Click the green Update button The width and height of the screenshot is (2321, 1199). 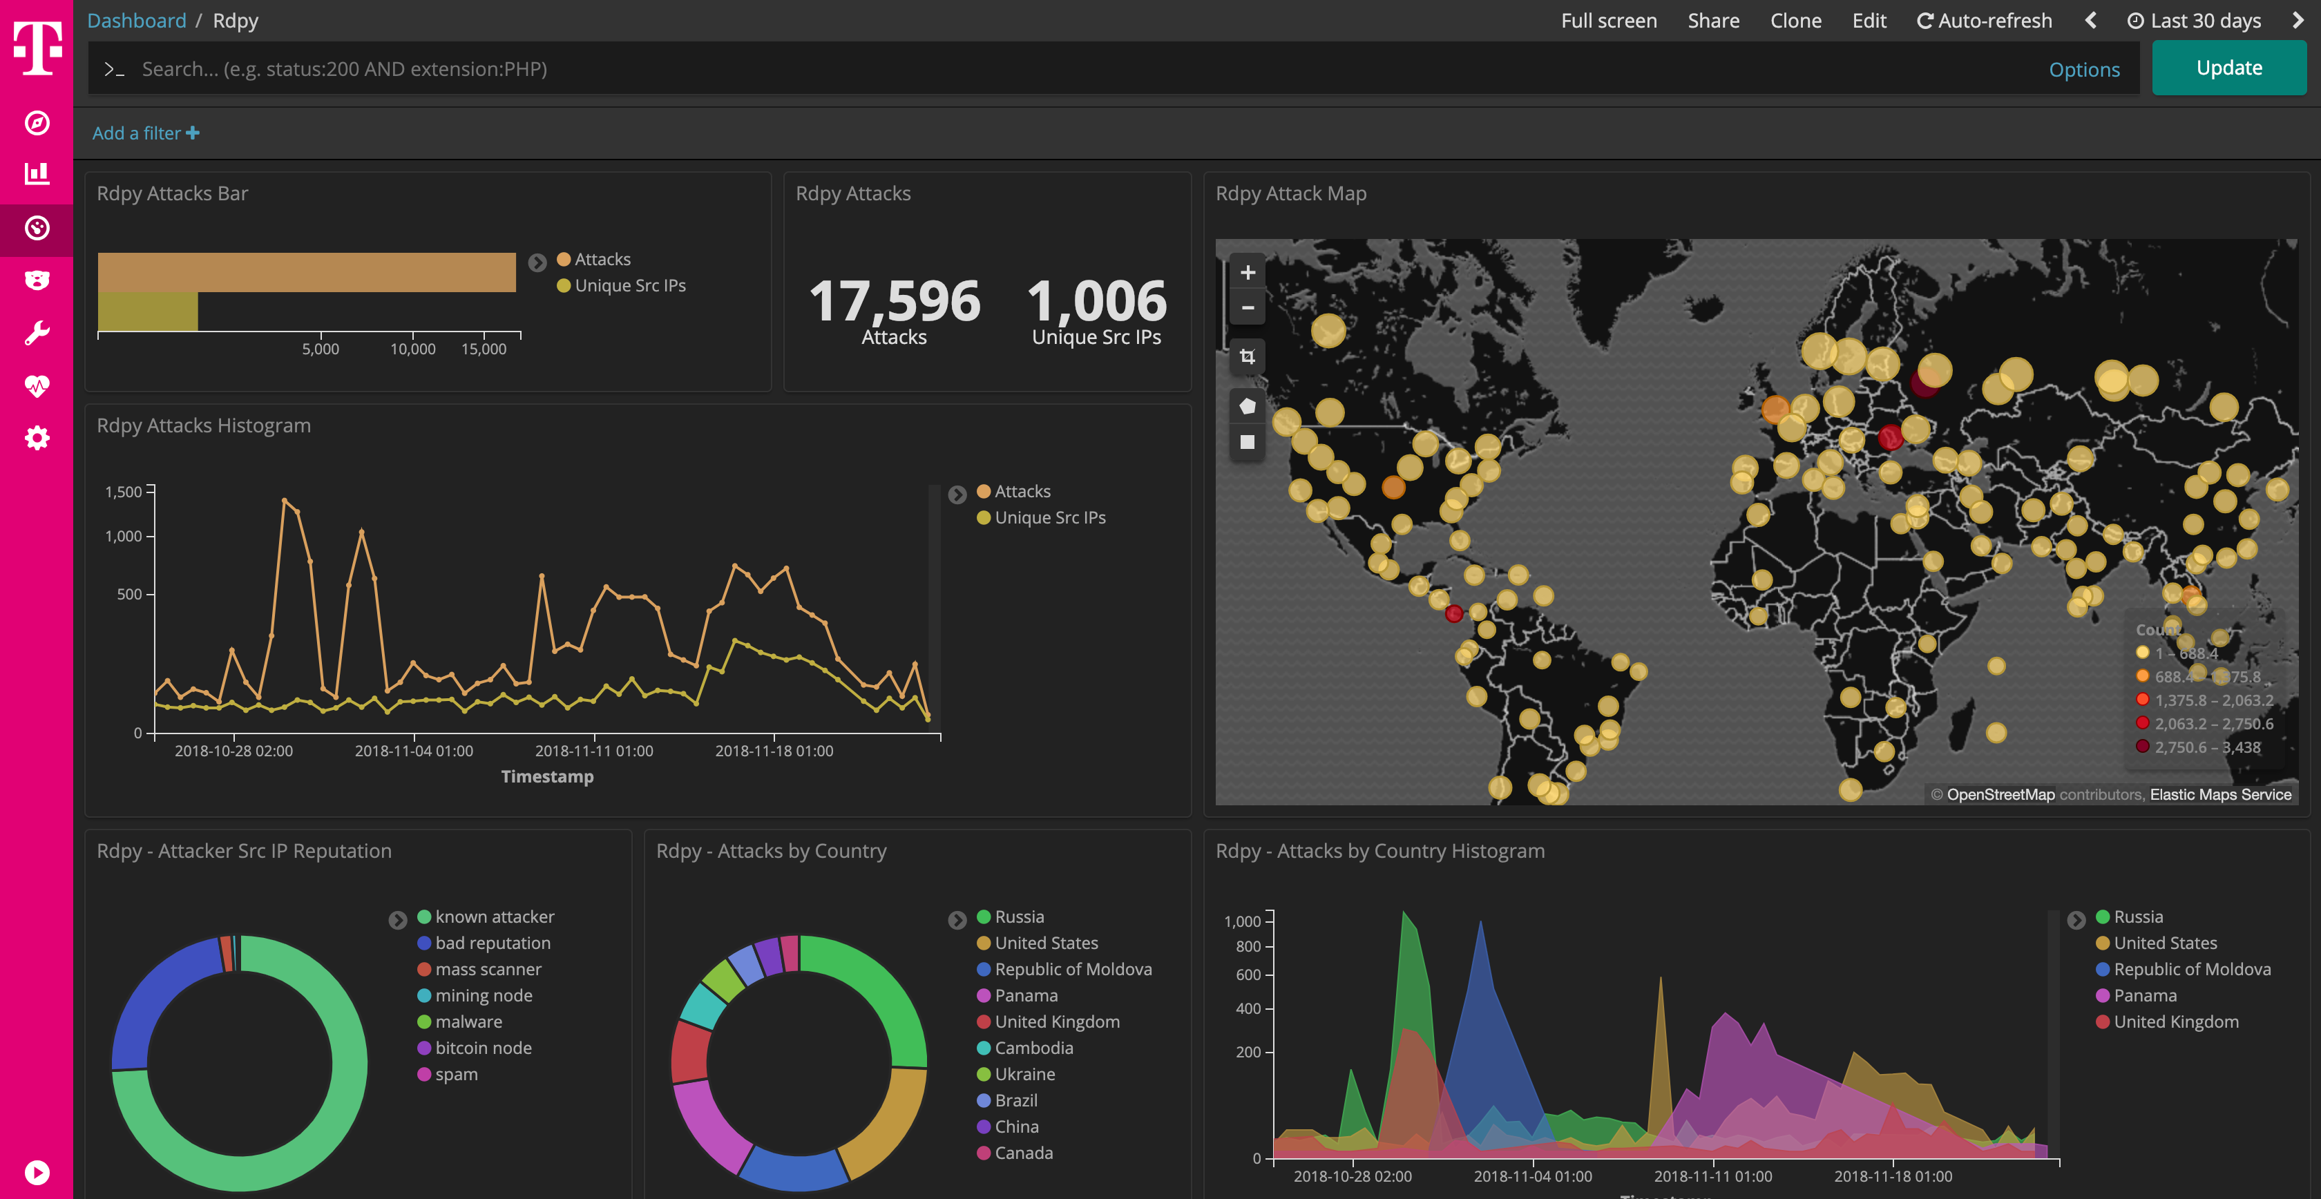(x=2228, y=68)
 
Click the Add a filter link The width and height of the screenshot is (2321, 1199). (x=145, y=133)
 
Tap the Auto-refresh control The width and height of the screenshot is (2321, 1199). (x=1984, y=21)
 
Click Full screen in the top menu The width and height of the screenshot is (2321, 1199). (x=1608, y=21)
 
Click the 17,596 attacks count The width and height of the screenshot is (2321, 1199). (x=894, y=301)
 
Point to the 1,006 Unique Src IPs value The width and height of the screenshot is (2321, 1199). (x=1096, y=301)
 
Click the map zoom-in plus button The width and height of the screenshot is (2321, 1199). (x=1247, y=272)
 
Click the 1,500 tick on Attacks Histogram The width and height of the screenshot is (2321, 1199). (x=124, y=492)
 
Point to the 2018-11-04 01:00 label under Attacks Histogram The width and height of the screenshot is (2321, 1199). (x=414, y=750)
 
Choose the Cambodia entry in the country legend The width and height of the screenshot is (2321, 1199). (x=1033, y=1048)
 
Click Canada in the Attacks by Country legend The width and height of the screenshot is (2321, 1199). (x=1024, y=1153)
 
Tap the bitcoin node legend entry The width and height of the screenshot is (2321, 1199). (x=483, y=1048)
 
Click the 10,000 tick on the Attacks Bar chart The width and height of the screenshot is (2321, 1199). (x=412, y=349)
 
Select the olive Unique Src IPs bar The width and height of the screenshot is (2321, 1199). (x=148, y=311)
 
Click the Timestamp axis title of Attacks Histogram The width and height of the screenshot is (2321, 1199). (x=547, y=776)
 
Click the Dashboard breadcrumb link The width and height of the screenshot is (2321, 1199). (x=137, y=21)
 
